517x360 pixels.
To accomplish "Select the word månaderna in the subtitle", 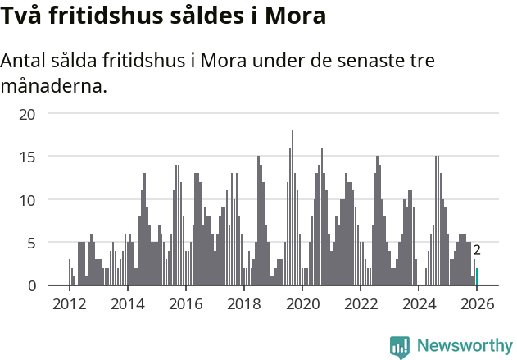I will click(54, 85).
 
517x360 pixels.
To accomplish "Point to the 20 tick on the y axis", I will click(28, 113).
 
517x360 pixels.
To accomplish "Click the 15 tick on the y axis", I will click(28, 156).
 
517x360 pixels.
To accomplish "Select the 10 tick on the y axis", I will click(28, 199).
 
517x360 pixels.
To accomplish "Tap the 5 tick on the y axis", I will click(31, 243).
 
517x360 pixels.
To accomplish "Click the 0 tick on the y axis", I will click(31, 285).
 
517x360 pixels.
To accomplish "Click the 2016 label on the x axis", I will click(185, 303).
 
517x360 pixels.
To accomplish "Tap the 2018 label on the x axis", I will click(243, 303).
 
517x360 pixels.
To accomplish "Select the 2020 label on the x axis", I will click(302, 303).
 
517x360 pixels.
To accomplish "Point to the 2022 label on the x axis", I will click(361, 303).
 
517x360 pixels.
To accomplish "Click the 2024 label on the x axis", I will click(419, 303).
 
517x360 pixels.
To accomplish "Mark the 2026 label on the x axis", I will click(477, 303).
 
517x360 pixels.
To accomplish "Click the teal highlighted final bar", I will click(477, 277).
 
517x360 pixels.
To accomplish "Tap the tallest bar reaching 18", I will click(293, 208).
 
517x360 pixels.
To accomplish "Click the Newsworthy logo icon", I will click(400, 347).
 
